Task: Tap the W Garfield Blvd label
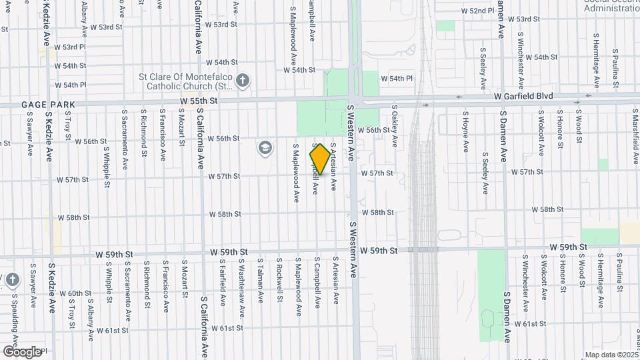(x=524, y=97)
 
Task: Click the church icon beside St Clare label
(x=243, y=81)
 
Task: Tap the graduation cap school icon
(x=265, y=147)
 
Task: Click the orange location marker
(x=320, y=159)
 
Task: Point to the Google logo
(x=22, y=351)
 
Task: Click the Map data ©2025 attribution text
(x=610, y=355)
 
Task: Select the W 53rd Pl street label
(x=70, y=47)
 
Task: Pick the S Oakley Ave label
(x=395, y=125)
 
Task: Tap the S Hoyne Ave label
(x=466, y=131)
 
